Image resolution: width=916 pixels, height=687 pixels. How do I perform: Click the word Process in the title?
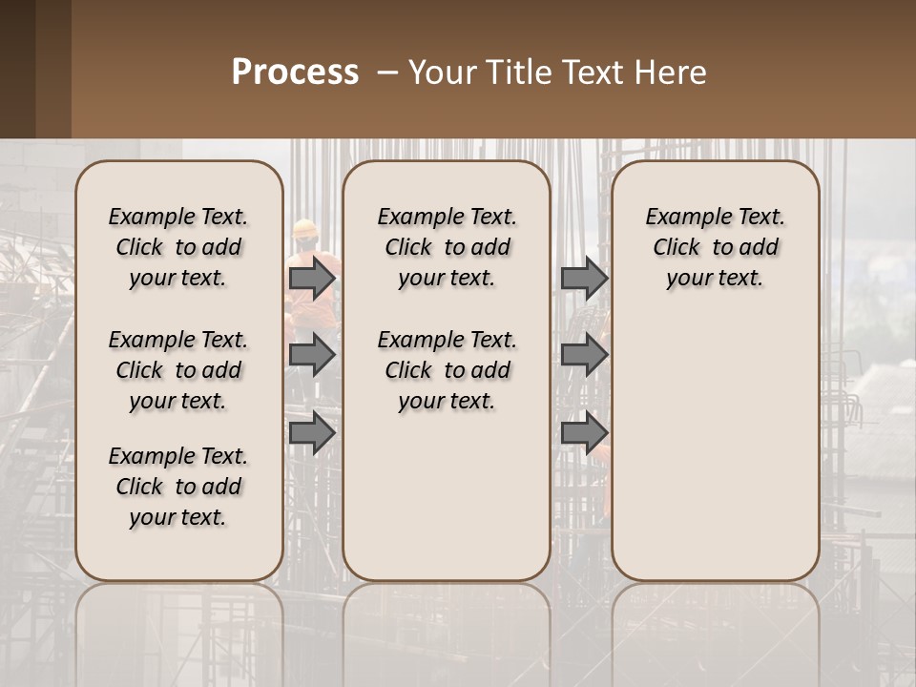click(295, 73)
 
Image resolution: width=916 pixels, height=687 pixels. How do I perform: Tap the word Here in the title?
click(674, 73)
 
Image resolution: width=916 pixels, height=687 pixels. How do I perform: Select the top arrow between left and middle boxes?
click(312, 278)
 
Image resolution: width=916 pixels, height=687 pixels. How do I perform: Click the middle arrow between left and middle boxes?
click(312, 355)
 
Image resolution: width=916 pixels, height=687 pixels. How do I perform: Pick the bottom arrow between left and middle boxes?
click(312, 432)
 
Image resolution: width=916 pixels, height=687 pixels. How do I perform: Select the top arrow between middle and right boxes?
click(584, 278)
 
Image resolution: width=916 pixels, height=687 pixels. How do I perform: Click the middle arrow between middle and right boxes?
click(584, 355)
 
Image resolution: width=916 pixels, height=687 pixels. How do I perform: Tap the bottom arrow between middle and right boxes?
click(584, 432)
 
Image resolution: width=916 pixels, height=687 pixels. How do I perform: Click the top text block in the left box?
click(178, 247)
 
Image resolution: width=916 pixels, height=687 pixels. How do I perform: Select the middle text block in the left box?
click(178, 370)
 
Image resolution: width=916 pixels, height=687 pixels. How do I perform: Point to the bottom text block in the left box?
click(178, 487)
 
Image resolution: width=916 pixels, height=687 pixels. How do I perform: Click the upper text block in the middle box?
click(447, 247)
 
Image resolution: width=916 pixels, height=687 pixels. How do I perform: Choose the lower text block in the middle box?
click(447, 370)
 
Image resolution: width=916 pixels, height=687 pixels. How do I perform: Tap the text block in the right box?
click(715, 247)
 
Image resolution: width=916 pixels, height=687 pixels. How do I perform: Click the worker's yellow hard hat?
click(305, 228)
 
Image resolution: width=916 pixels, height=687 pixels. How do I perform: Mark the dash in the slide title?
click(386, 73)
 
